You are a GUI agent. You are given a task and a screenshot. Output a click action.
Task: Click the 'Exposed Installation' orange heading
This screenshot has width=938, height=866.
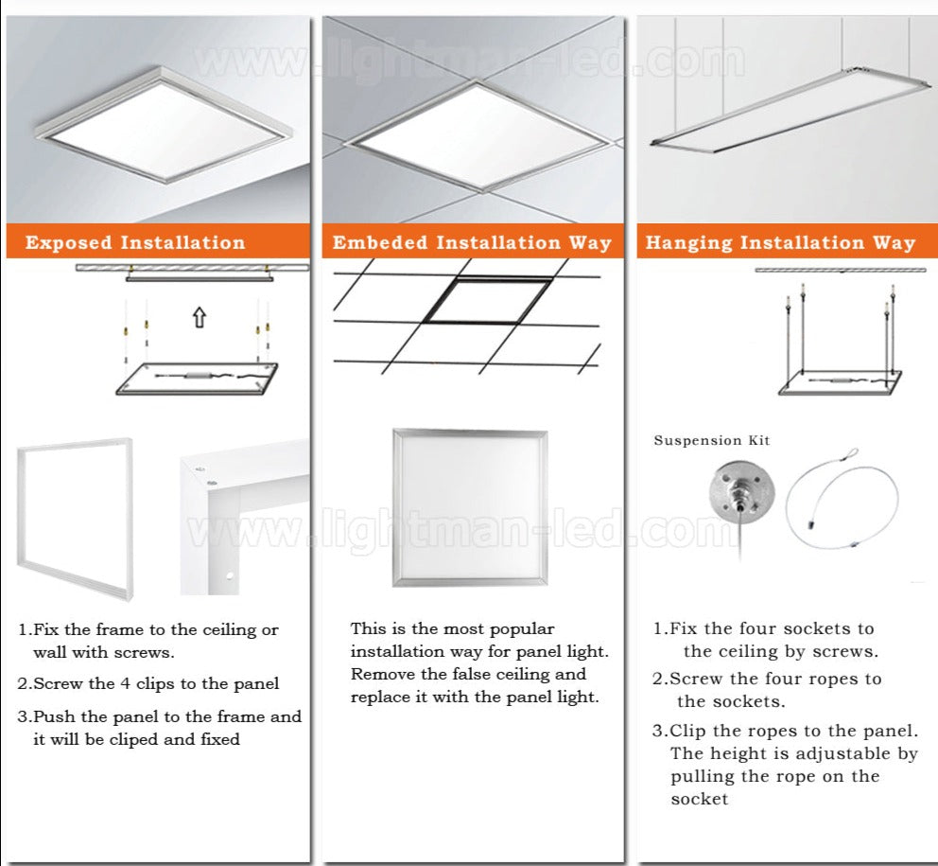coord(135,242)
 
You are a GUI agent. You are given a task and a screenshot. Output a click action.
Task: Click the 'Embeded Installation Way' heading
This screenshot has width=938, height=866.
coord(472,242)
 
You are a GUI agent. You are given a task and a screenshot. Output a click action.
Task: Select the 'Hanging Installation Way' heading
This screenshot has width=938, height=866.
coord(780,242)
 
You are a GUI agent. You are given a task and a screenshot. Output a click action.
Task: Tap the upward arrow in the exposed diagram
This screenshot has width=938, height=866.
coord(199,317)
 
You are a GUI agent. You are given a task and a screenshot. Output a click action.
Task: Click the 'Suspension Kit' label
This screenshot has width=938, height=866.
coord(711,440)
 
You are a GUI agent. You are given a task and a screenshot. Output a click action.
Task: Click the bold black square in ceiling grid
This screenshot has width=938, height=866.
coord(486,300)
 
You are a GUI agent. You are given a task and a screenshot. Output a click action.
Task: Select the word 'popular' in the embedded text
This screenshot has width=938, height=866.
coord(522,628)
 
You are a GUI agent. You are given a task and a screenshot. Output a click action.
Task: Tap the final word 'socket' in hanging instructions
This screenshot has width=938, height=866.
coord(700,799)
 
